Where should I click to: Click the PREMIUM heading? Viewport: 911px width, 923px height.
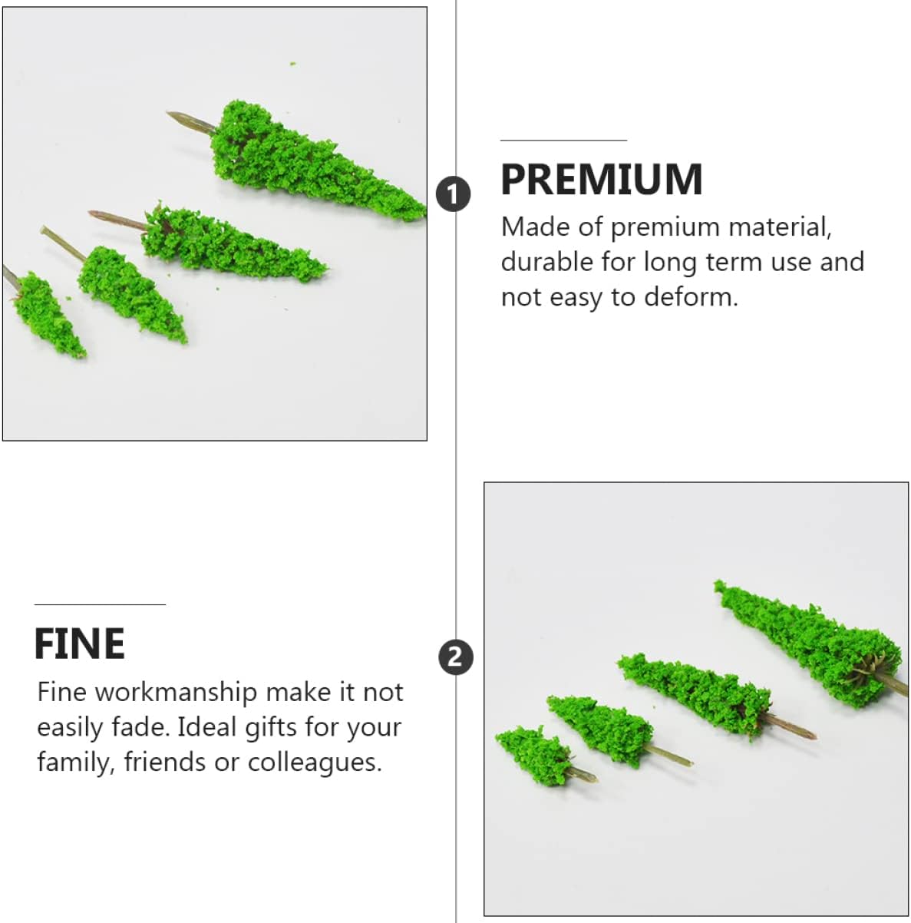[x=601, y=179]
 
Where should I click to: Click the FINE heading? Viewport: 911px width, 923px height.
[x=80, y=643]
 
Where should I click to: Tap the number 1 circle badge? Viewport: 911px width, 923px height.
[x=453, y=194]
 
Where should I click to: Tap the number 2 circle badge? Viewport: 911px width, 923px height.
[x=456, y=657]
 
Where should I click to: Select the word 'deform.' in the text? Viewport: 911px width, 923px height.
[x=691, y=297]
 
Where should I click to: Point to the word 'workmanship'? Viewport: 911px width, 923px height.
[x=176, y=693]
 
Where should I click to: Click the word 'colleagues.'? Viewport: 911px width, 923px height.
[x=315, y=762]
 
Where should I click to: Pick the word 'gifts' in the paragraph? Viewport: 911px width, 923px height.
[x=261, y=728]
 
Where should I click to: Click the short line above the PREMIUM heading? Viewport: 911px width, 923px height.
[x=564, y=141]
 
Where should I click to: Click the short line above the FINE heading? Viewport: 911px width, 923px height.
[x=100, y=604]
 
